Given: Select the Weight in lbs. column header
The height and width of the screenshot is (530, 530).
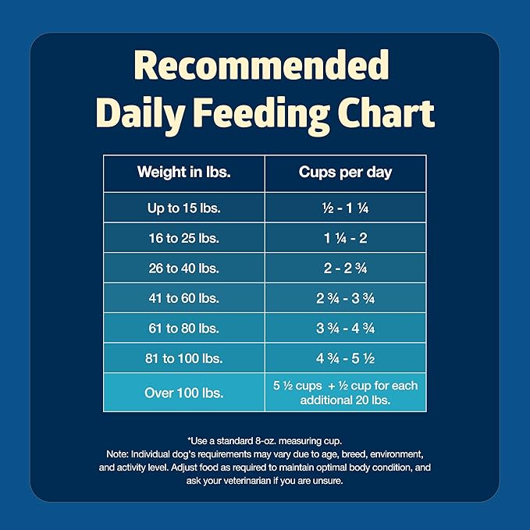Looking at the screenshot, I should pyautogui.click(x=183, y=173).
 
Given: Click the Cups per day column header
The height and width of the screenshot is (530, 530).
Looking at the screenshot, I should pyautogui.click(x=345, y=173).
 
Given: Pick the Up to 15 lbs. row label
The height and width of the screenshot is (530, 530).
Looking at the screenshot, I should pyautogui.click(x=183, y=208).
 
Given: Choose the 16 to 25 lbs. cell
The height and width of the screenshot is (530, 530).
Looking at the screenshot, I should pyautogui.click(x=183, y=238).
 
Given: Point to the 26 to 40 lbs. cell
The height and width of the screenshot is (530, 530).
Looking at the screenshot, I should pyautogui.click(x=183, y=268).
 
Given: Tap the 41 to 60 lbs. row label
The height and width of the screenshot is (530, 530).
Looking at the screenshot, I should pyautogui.click(x=183, y=298).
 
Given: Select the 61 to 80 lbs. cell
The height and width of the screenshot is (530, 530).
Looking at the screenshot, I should pyautogui.click(x=183, y=328).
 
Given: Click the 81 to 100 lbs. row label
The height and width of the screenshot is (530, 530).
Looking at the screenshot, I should pyautogui.click(x=183, y=358).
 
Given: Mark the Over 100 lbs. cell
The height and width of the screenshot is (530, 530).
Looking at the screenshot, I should pyautogui.click(x=183, y=393).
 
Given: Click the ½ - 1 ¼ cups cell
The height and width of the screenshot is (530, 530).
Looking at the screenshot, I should pyautogui.click(x=345, y=208).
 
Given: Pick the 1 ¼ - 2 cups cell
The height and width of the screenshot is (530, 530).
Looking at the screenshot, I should pyautogui.click(x=345, y=238).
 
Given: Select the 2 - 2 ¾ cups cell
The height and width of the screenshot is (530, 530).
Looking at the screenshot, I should pyautogui.click(x=345, y=268).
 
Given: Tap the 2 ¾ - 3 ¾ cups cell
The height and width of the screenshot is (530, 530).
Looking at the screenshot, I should pyautogui.click(x=345, y=298).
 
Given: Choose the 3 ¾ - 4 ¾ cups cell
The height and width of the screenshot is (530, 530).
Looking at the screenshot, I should pyautogui.click(x=345, y=328).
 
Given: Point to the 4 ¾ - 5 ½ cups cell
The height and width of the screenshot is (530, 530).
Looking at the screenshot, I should pyautogui.click(x=345, y=358).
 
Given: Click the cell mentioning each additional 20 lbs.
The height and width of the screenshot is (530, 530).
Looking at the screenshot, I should pyautogui.click(x=345, y=393).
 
